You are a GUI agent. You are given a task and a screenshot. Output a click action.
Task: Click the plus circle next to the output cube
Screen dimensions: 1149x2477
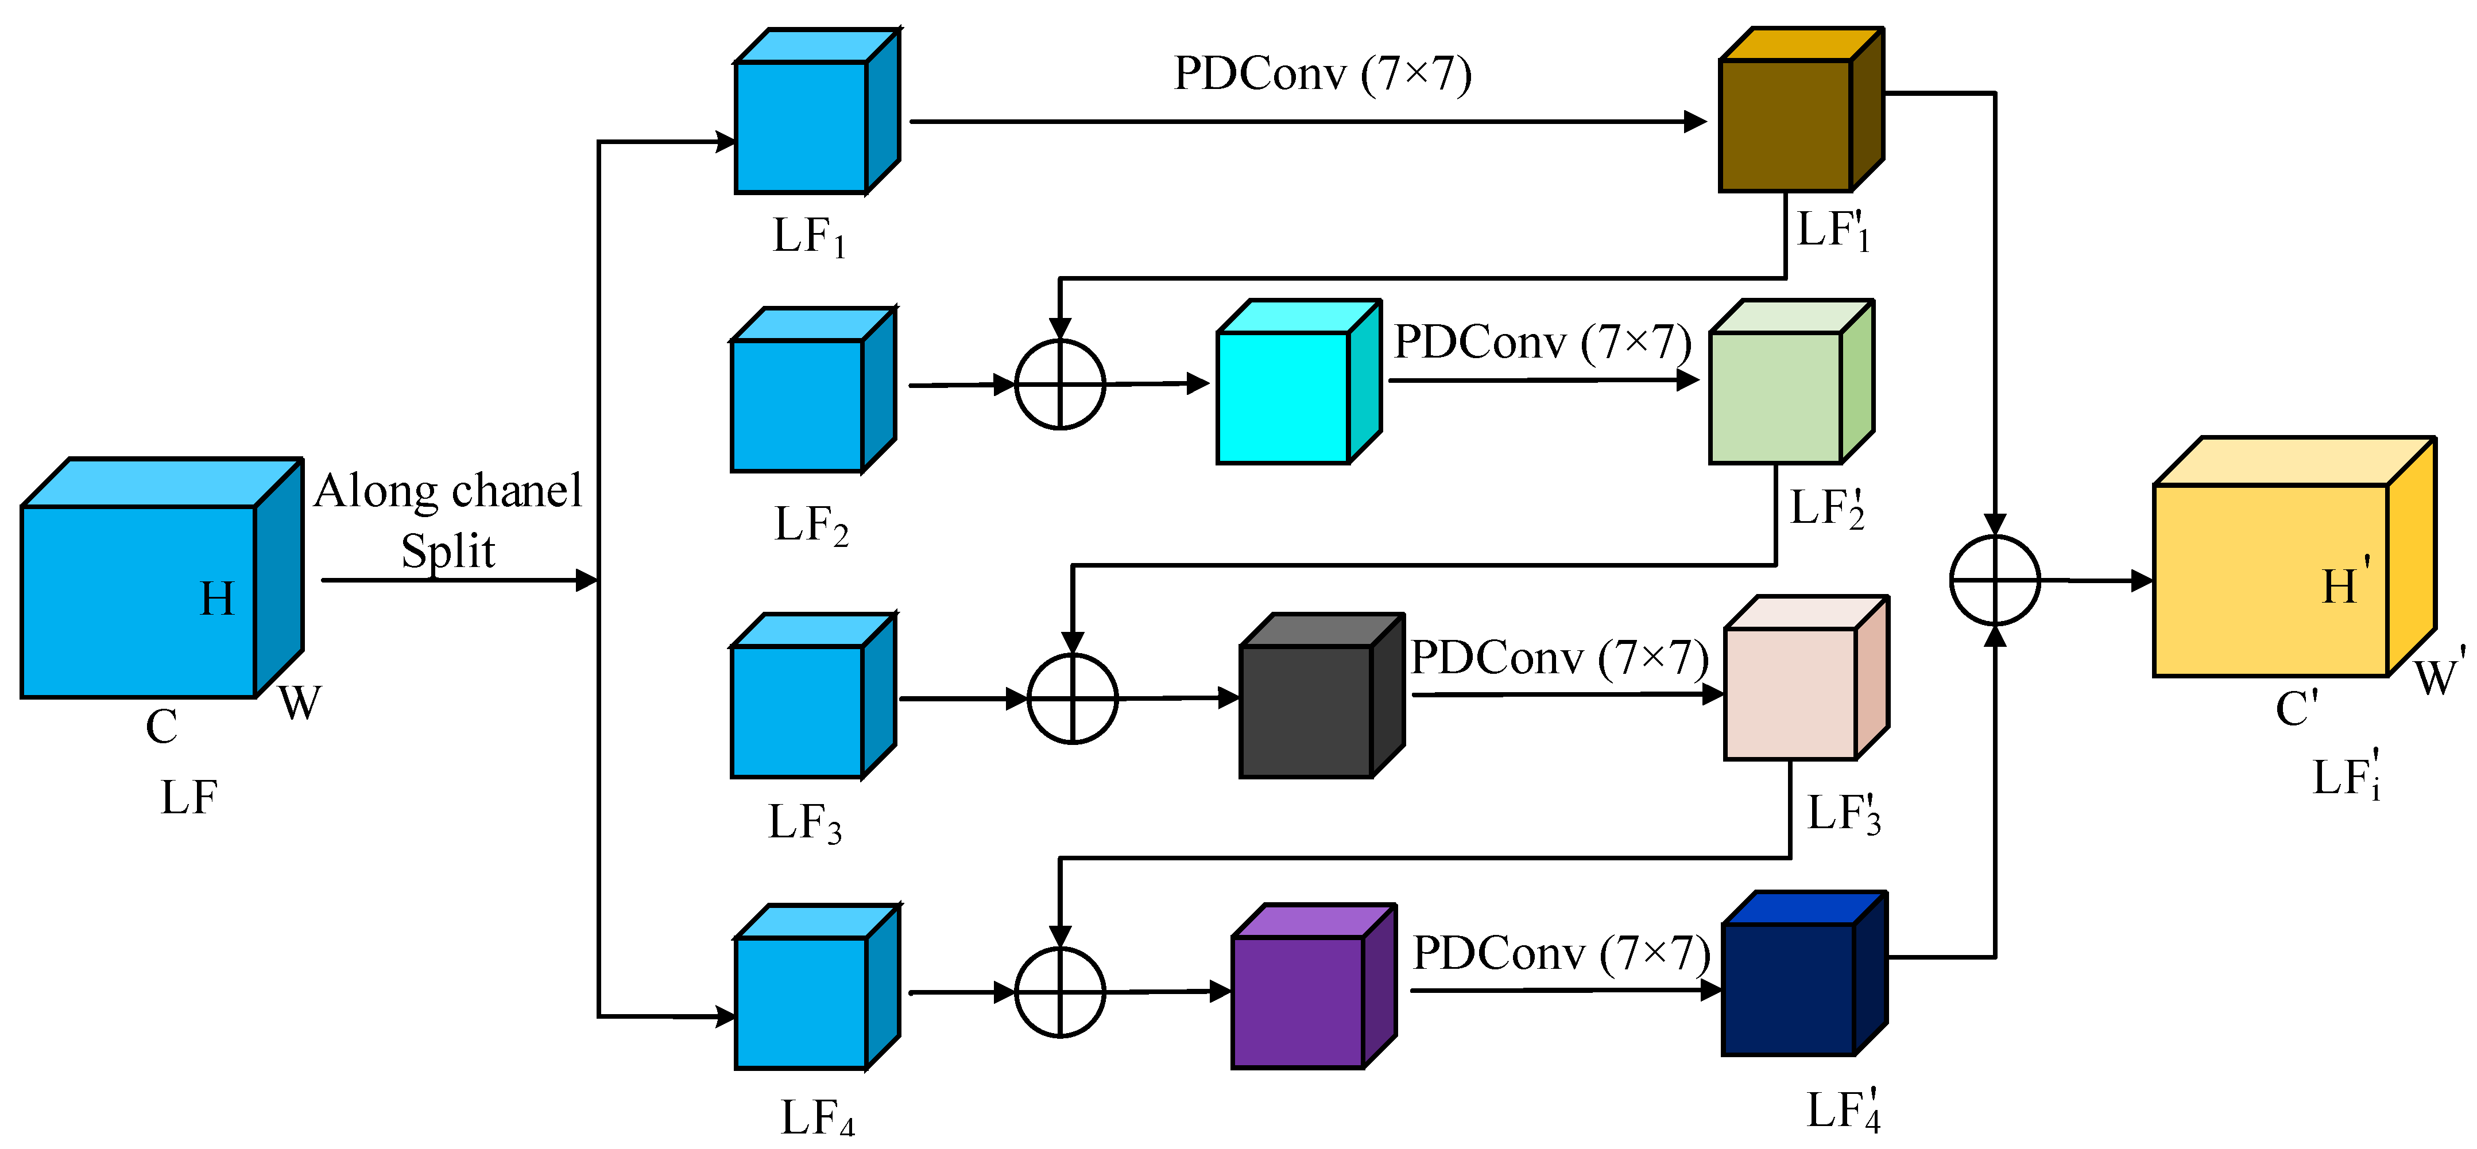[x=1995, y=580]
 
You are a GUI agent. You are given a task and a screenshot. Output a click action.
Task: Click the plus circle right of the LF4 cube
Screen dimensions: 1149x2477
[x=1060, y=992]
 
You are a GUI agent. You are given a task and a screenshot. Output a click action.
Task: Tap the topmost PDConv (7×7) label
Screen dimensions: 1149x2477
[x=1322, y=74]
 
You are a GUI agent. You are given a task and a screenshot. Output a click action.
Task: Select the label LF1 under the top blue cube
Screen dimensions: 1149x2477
[x=808, y=236]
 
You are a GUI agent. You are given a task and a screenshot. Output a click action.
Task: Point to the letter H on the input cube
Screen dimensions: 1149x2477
[x=216, y=599]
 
